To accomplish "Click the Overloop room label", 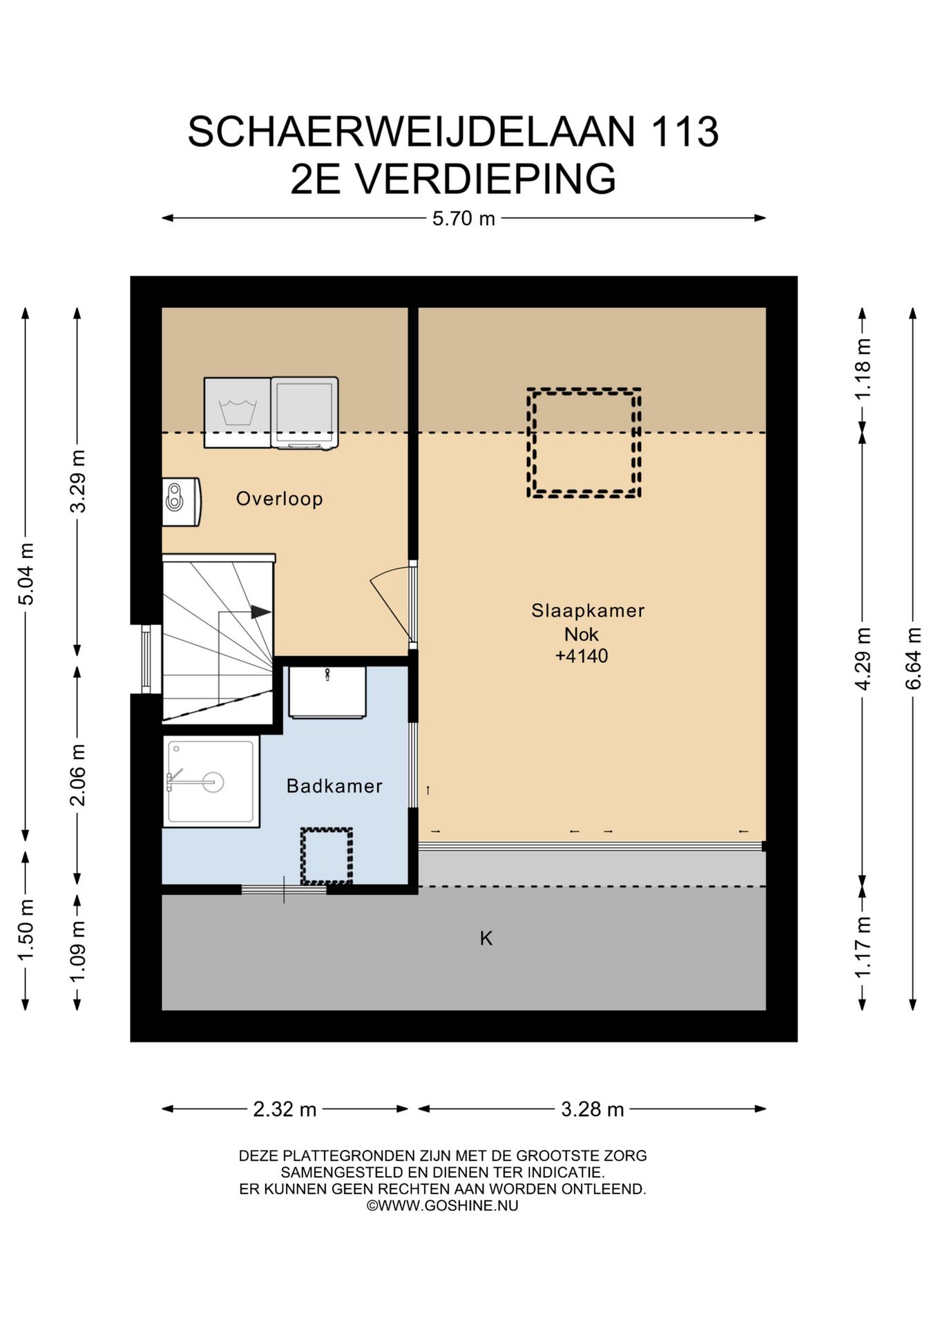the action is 279,499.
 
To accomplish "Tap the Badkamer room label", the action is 334,786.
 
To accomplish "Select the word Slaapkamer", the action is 588,611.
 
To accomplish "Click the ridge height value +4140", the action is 582,655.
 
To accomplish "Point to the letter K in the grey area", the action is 486,938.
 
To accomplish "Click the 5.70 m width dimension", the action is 463,218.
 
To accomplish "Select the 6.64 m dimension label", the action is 913,658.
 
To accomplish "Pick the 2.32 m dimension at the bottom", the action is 285,1109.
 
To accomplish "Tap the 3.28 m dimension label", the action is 592,1109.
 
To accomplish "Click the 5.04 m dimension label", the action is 26,574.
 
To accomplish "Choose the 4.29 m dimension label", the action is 863,658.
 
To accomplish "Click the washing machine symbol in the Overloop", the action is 237,412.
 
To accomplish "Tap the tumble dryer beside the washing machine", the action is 305,412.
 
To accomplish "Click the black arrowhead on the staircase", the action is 260,612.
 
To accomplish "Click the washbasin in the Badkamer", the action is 327,692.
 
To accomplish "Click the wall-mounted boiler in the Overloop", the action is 181,502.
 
